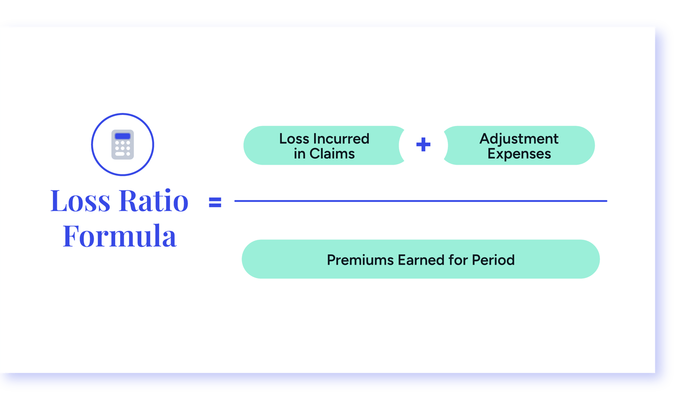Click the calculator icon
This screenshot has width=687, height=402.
122,145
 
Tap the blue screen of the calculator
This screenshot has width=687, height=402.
122,136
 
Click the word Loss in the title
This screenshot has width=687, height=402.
80,200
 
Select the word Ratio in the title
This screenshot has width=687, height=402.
153,200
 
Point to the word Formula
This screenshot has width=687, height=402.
119,236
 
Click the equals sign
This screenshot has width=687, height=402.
215,202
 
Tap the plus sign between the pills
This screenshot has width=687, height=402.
423,145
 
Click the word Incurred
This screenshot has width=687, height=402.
340,139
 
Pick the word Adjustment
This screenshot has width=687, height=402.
519,139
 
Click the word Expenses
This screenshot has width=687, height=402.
519,154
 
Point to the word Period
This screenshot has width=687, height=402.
493,260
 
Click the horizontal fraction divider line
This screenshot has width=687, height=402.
420,201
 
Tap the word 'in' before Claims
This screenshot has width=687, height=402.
299,154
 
